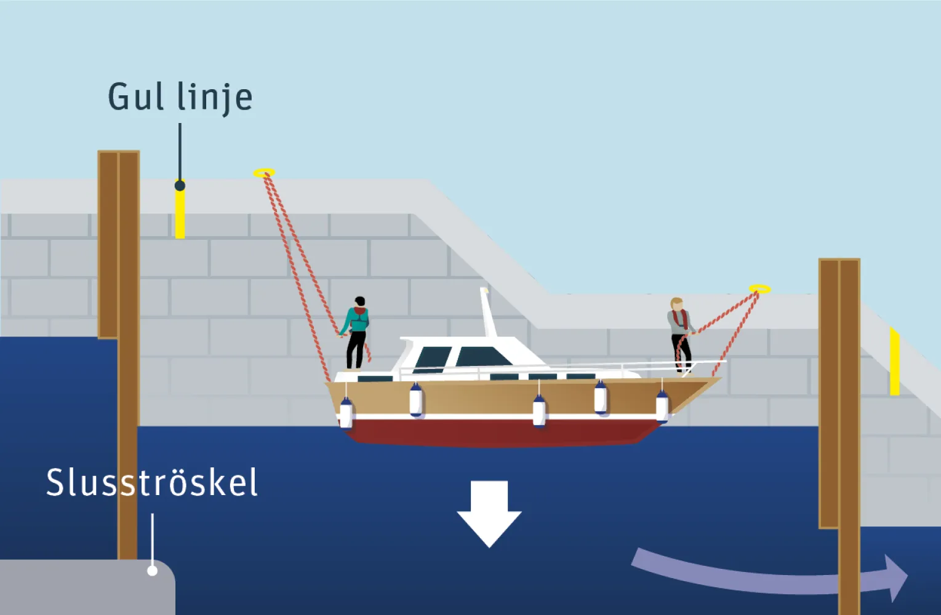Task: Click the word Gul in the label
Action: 136,97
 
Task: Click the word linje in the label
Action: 215,98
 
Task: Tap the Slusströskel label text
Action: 151,483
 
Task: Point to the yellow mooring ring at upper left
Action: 264,173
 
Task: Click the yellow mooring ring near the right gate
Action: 759,288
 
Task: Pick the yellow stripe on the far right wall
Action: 894,362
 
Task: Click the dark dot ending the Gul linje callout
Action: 180,185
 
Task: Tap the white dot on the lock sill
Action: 152,571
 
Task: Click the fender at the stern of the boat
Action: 346,413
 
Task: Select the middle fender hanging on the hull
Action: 539,410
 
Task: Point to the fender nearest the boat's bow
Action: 662,407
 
